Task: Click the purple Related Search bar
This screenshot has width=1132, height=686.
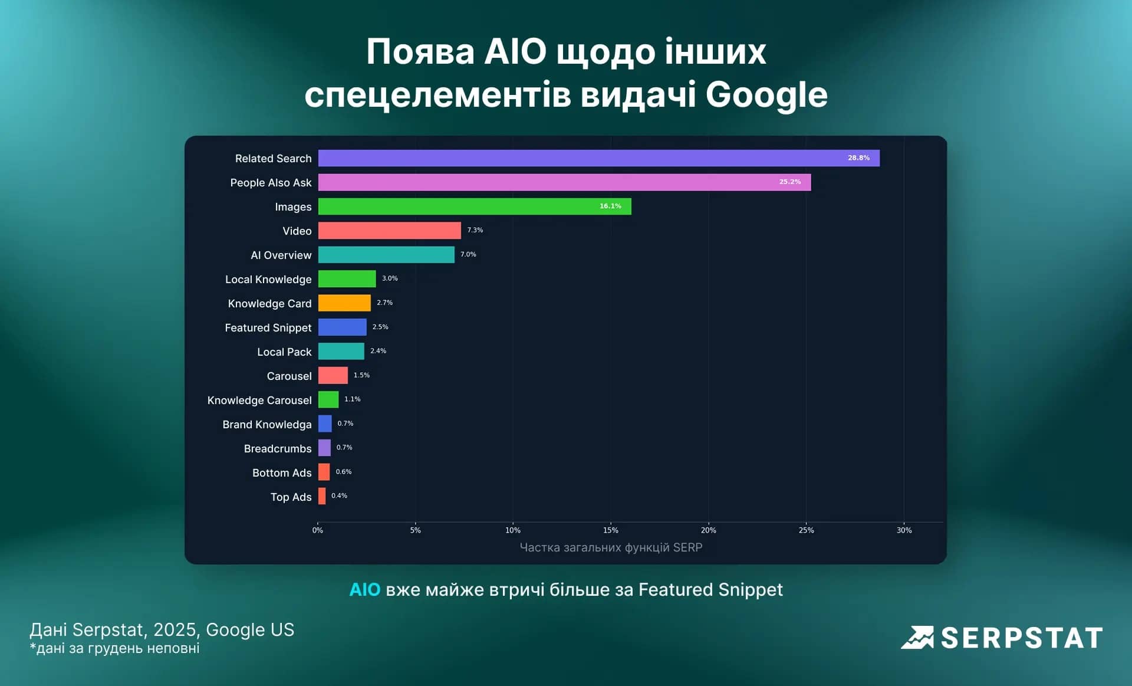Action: click(598, 158)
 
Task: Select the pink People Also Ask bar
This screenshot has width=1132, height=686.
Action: click(564, 182)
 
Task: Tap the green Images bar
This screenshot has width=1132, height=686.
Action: click(475, 206)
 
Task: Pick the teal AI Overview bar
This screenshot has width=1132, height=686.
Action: click(386, 255)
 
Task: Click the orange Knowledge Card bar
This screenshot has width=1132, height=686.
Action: click(344, 303)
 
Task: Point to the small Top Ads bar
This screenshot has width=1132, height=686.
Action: click(322, 496)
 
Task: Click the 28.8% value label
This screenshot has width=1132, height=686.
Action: click(858, 158)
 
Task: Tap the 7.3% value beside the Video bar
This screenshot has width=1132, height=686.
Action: click(475, 230)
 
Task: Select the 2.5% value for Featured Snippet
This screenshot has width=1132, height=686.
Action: click(380, 327)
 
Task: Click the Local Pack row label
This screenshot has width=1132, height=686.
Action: click(284, 352)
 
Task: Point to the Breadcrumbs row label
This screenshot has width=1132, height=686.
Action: click(278, 449)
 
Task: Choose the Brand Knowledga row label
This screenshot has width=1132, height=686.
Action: click(267, 425)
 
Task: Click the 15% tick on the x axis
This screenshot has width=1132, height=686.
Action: click(611, 530)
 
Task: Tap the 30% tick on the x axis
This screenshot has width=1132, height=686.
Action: click(904, 530)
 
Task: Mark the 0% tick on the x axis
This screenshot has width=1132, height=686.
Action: click(318, 530)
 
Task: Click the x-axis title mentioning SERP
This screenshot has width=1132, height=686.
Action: click(611, 547)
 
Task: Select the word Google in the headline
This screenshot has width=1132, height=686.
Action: click(766, 94)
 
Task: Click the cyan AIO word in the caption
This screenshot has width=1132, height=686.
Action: click(364, 589)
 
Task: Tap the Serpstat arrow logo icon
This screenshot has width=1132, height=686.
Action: click(917, 638)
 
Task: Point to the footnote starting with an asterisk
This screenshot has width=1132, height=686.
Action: click(115, 648)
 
